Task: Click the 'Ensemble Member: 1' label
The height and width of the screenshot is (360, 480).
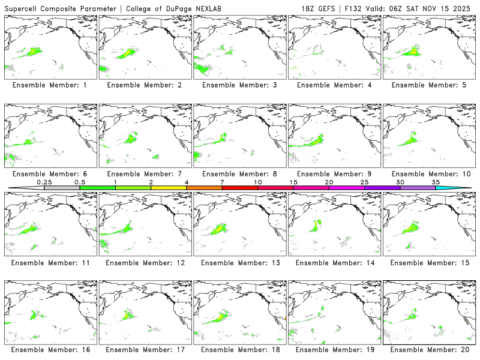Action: [49, 85]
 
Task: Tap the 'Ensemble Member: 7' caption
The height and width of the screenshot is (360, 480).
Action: [144, 174]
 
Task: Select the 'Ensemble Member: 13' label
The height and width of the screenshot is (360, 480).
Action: [239, 263]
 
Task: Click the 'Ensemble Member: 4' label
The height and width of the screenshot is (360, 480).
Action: [334, 85]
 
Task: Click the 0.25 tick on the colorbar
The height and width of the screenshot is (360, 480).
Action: [44, 182]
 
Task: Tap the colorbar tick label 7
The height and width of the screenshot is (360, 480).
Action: [222, 182]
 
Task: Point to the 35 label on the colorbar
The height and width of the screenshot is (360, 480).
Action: [435, 182]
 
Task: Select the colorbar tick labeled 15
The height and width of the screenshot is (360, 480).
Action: [293, 182]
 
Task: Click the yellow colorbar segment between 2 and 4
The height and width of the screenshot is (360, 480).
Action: [169, 188]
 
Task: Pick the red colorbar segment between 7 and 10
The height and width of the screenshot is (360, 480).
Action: [239, 188]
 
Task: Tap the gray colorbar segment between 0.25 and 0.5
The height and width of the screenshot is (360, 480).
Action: [62, 188]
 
